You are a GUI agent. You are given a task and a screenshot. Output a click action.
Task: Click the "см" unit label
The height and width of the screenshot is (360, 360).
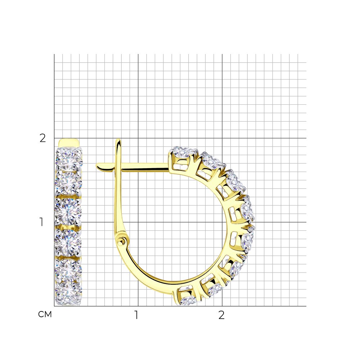click(x=45, y=314)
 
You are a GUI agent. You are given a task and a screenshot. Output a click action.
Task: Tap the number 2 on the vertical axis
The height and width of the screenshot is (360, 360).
click(x=43, y=138)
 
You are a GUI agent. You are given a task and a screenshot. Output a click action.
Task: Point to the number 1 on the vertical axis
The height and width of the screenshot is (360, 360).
click(x=41, y=222)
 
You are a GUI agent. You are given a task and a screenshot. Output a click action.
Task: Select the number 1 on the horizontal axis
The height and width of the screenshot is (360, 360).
click(x=136, y=315)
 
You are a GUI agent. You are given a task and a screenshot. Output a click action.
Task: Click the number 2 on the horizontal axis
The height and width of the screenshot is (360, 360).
click(x=221, y=315)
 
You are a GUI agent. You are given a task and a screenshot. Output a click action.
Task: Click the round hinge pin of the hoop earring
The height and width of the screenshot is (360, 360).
click(x=121, y=241)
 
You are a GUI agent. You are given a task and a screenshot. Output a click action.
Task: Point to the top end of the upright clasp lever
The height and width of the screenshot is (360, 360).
click(x=118, y=140)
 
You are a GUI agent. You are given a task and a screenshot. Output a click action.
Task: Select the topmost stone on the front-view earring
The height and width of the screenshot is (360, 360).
click(x=69, y=158)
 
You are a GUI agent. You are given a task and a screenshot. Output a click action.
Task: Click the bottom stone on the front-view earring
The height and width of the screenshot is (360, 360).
click(x=68, y=294)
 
